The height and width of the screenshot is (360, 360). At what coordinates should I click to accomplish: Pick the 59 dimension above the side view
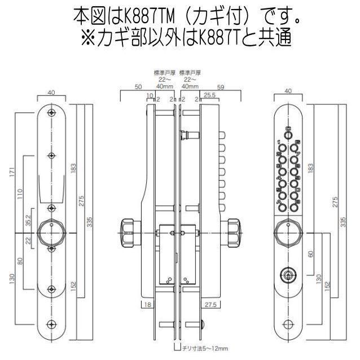[x=221, y=87]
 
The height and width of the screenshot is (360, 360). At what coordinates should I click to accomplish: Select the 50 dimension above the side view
[x=138, y=87]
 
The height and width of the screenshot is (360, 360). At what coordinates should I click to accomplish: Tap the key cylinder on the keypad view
[x=288, y=275]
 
